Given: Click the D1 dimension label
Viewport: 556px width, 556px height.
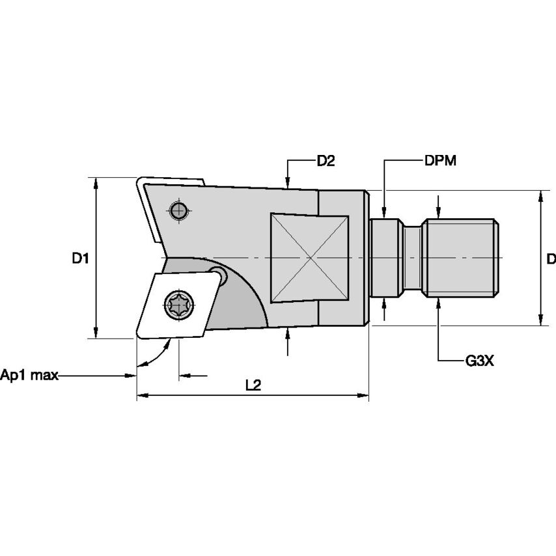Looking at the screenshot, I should tap(79, 258).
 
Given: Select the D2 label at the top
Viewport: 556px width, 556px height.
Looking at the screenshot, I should tap(326, 161).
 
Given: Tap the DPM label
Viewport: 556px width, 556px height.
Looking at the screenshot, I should tap(440, 161).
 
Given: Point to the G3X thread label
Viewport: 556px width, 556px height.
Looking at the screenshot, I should tap(480, 360).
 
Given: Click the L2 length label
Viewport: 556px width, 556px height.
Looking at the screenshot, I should tap(253, 385).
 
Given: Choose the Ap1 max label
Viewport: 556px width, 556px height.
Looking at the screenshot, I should tap(29, 375).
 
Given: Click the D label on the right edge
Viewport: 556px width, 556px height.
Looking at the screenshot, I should tap(551, 259).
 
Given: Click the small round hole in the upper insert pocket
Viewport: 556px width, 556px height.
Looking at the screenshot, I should tap(178, 210).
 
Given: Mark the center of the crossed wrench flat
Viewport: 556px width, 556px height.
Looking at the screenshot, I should tap(311, 258).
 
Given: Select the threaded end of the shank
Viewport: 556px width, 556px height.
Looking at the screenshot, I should tap(462, 258).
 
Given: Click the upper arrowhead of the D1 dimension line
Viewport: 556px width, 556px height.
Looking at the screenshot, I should tap(96, 182).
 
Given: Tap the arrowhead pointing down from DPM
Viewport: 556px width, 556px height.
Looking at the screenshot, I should tap(384, 212).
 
